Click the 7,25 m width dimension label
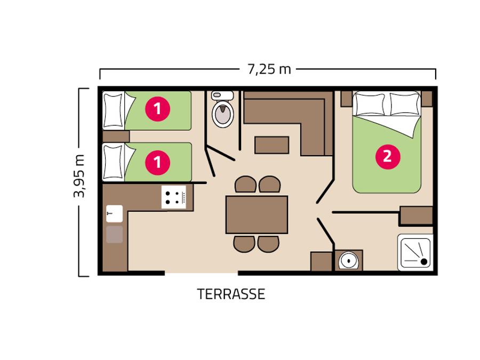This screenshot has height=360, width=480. click(269, 69)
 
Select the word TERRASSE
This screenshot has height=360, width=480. click(231, 294)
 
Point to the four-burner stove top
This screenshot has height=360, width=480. click(173, 197)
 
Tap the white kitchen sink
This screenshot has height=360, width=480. click(114, 213)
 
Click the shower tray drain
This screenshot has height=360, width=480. click(424, 261)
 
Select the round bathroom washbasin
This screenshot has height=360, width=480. click(349, 260)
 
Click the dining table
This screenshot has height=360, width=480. click(257, 214)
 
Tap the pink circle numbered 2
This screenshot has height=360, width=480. click(388, 157)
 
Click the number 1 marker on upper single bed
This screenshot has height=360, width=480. click(157, 109)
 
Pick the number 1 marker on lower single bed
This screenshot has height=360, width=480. click(157, 162)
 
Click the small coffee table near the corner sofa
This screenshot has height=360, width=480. click(272, 145)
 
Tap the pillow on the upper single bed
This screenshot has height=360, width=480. click(114, 110)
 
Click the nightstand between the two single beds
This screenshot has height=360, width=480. click(116, 137)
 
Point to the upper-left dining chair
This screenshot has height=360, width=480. click(245, 185)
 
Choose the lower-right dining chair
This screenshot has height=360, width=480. click(268, 244)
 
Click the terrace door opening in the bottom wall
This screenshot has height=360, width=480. click(202, 273)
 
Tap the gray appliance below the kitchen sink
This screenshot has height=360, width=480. click(115, 235)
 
